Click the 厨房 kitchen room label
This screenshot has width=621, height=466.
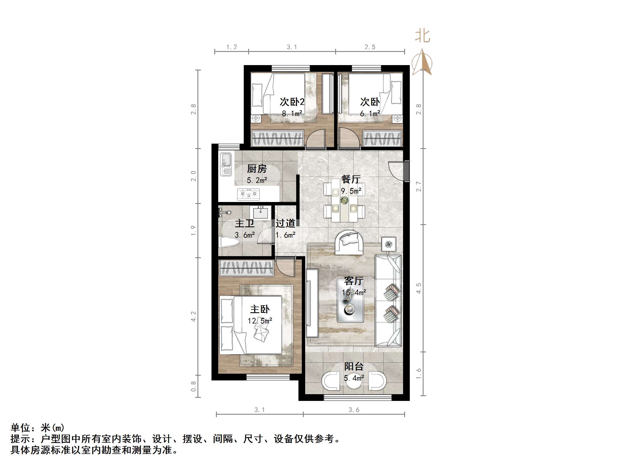click(257, 169)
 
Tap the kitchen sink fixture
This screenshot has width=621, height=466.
click(226, 164)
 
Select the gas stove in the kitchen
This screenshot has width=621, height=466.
click(249, 194)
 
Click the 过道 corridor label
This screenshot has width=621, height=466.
click(285, 223)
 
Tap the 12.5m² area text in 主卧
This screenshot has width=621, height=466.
click(260, 321)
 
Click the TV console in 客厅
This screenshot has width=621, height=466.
click(312, 303)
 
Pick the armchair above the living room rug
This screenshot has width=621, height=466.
click(349, 242)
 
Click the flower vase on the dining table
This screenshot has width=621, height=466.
click(344, 201)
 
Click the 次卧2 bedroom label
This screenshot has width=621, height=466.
click(292, 102)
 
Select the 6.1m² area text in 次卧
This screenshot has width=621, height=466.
click(370, 113)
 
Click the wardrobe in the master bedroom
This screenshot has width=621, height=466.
click(246, 268)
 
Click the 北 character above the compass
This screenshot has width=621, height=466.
click(422, 36)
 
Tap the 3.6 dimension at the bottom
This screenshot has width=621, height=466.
click(354, 410)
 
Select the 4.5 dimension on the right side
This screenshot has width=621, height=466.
click(418, 288)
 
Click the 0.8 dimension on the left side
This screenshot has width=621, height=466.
click(194, 386)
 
